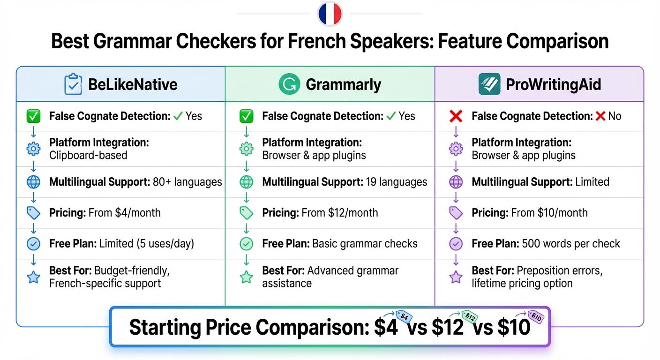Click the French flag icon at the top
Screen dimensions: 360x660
tap(330, 14)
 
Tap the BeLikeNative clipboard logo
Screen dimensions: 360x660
tap(73, 84)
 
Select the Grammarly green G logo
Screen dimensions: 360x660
tap(289, 84)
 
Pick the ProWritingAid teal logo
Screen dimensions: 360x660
tap(489, 84)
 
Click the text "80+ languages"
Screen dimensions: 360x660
tap(187, 182)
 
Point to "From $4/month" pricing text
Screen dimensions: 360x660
tap(124, 213)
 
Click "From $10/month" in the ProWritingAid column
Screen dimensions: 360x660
tap(548, 213)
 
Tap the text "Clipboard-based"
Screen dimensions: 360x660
tap(88, 155)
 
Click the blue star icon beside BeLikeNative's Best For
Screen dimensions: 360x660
tap(34, 277)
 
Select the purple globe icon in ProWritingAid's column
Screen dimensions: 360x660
tap(456, 182)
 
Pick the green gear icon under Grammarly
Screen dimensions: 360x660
tap(246, 149)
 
